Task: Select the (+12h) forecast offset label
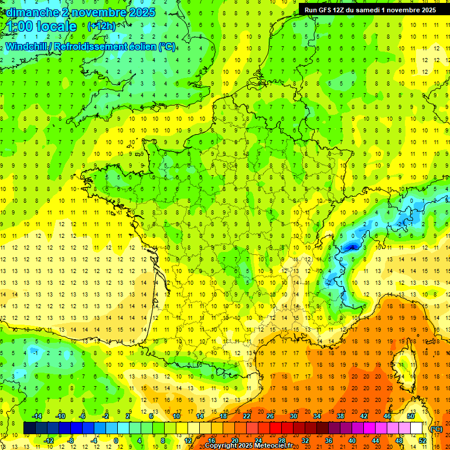click(x=101, y=26)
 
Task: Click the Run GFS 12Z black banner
click(x=370, y=9)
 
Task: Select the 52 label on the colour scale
click(x=422, y=441)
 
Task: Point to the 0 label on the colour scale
click(x=115, y=441)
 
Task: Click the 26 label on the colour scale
click(x=270, y=416)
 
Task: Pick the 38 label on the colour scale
click(x=340, y=416)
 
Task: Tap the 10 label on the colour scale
click(x=176, y=416)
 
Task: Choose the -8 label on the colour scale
click(x=71, y=441)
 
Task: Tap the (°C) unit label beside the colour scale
click(x=437, y=428)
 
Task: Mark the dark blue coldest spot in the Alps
click(x=352, y=247)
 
